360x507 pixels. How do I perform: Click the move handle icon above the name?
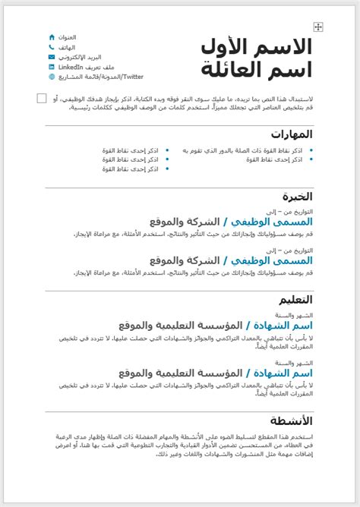click(319, 27)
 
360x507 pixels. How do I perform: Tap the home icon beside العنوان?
click(52, 37)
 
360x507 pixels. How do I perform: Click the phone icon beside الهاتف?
click(52, 47)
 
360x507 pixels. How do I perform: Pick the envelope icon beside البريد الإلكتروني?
click(52, 57)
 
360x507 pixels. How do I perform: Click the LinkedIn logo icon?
click(52, 67)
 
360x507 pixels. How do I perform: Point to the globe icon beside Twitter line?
click(52, 77)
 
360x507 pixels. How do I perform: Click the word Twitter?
click(134, 77)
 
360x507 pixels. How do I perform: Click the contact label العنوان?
click(67, 37)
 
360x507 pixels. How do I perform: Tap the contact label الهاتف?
click(67, 47)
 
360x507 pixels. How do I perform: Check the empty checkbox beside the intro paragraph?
click(41, 98)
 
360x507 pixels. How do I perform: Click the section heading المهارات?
click(292, 134)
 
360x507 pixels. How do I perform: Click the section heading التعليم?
click(294, 300)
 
